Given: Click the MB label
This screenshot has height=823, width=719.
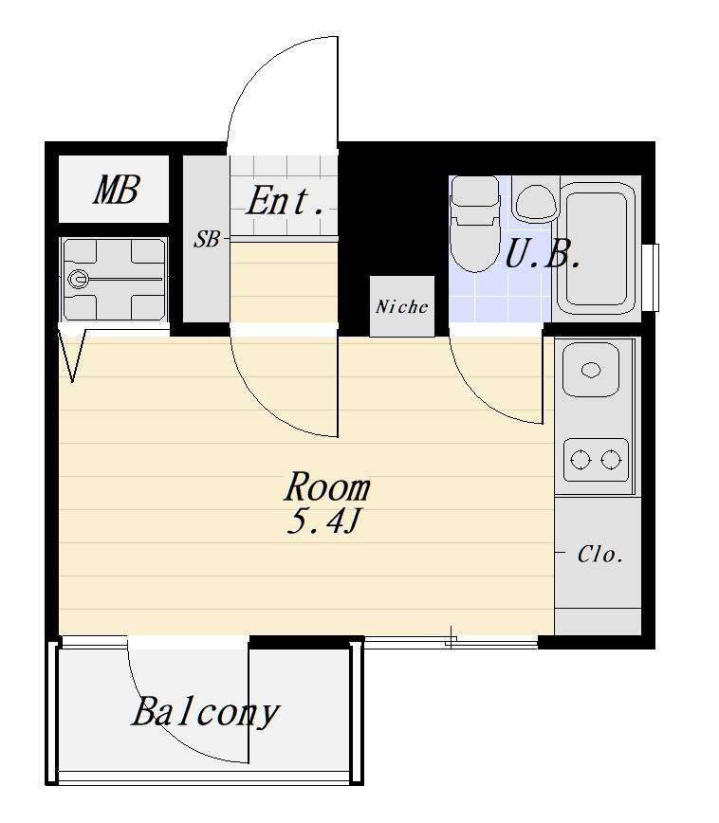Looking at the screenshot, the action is point(117,190).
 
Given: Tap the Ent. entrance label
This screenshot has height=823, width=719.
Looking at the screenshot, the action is point(285,201).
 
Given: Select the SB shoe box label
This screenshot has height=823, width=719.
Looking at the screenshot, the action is point(207,239).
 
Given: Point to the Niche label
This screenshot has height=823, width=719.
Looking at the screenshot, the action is point(402,306).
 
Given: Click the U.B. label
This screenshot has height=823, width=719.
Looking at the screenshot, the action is point(543,254).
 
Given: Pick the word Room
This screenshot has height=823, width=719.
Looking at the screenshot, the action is point(327,486).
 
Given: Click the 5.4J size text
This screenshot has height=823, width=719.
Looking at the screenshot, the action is point(323,521).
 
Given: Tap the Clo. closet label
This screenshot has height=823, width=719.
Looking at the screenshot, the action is point(600,555).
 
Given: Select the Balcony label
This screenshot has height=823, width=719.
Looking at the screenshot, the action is point(205,713).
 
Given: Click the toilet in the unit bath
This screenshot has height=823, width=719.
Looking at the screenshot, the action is point(475,224).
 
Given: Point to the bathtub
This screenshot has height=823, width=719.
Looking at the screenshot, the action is point(598,247).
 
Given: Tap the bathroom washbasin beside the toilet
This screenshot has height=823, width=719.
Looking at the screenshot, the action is point(535,203).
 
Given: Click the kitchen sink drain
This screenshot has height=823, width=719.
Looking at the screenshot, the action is point(591,370).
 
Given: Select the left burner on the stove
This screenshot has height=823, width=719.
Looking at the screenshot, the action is point(581,460).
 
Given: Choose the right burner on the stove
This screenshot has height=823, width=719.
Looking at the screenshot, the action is point(611,460).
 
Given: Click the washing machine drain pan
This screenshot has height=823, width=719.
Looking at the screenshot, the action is point(114,279).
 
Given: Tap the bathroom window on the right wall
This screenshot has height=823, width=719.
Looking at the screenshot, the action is point(653,277).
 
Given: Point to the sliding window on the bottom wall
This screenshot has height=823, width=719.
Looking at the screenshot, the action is point(451,641).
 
